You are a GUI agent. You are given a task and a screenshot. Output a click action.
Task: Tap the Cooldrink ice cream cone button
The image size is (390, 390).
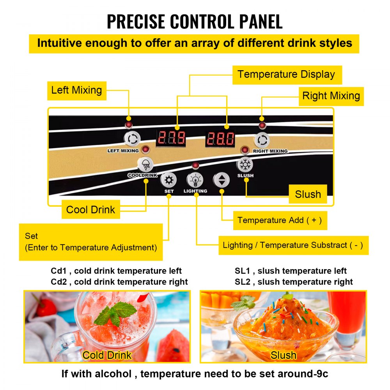(x=145, y=165)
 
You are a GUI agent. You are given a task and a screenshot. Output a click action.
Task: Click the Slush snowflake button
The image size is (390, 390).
(x=245, y=165)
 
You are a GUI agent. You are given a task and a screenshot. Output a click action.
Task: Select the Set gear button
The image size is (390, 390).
(x=168, y=180)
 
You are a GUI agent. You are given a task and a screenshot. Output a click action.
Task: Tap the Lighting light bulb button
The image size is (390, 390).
(x=195, y=180)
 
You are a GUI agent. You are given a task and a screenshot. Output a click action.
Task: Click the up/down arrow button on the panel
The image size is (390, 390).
(x=222, y=180)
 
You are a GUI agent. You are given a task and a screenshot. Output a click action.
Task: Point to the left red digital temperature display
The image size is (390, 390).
(x=171, y=138)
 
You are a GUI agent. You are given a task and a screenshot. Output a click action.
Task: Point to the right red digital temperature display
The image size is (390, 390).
(x=220, y=138)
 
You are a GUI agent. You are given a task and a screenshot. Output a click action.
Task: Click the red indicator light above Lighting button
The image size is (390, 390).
(x=195, y=165)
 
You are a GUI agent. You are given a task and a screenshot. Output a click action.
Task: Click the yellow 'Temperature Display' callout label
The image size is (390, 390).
(x=287, y=75)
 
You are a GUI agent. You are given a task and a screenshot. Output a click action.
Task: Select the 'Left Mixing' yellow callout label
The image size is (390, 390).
(x=77, y=91)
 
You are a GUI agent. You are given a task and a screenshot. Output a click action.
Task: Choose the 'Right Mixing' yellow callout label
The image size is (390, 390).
(x=331, y=96)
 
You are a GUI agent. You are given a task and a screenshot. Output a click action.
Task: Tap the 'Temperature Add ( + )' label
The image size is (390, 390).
(x=280, y=220)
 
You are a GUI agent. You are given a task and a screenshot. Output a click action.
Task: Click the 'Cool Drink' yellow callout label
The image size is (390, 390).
(x=91, y=209)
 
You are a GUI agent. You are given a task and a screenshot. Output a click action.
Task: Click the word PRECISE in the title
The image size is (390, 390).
(x=136, y=21)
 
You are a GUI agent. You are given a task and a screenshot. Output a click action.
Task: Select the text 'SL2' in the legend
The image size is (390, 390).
(x=242, y=282)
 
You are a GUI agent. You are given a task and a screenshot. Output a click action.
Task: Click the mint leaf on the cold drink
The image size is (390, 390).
(x=115, y=314)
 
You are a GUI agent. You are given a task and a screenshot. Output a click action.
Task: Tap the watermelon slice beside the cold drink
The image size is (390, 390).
(x=174, y=346)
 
